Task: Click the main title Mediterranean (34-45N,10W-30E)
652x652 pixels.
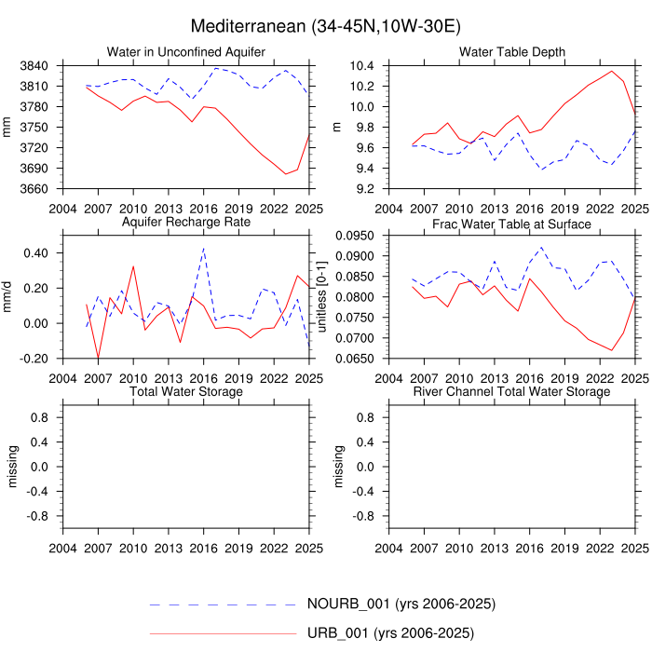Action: click(x=325, y=25)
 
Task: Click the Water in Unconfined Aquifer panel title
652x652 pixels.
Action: click(x=185, y=50)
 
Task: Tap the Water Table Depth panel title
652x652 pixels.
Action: click(x=511, y=50)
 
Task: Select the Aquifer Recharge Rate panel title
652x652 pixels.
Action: click(x=185, y=224)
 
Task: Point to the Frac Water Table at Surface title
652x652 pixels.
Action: click(x=511, y=224)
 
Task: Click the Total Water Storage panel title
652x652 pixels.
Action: click(x=185, y=392)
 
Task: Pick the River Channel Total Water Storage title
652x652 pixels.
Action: click(x=511, y=392)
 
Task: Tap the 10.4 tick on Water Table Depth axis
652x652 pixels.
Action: click(x=361, y=66)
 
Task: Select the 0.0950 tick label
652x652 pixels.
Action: click(x=354, y=236)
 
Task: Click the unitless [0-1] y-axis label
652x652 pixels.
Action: click(x=323, y=297)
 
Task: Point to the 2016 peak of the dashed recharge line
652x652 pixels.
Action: click(x=203, y=248)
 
